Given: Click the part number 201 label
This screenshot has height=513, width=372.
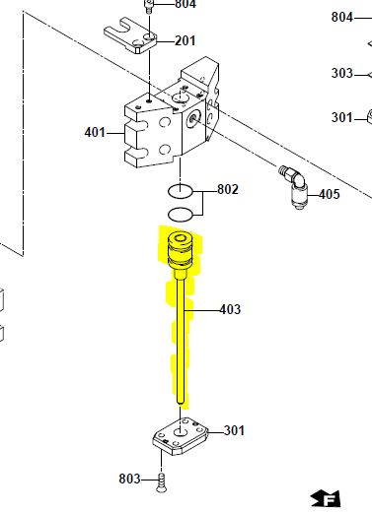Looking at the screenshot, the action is [x=185, y=40].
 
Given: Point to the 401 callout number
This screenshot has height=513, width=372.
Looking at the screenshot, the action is [x=95, y=133].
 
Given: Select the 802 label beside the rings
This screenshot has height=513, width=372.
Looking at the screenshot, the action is [x=228, y=189].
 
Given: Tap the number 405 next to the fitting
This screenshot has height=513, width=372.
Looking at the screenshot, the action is [x=330, y=194].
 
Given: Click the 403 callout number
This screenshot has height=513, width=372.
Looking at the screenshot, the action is [x=230, y=309].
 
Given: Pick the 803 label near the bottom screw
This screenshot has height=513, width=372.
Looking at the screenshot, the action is [x=129, y=479].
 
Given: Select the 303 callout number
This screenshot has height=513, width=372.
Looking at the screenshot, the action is [x=342, y=73].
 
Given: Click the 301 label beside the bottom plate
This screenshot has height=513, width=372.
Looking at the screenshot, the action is [x=234, y=430].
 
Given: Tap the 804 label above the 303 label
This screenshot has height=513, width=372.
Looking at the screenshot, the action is [x=342, y=17].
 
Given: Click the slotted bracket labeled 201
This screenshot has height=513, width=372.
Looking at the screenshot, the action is [x=130, y=35].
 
